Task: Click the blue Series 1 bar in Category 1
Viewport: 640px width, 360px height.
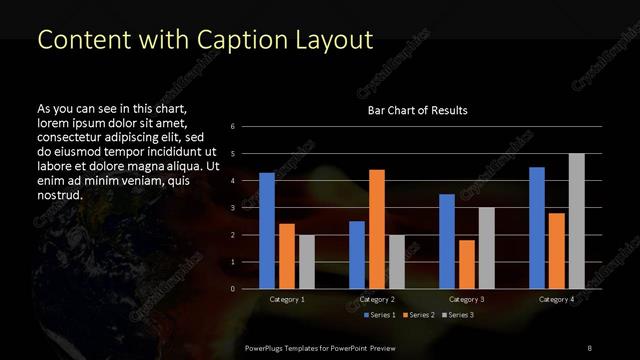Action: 267,231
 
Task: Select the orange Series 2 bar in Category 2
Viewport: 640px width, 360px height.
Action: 377,229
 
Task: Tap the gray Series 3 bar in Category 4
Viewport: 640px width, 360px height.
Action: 577,221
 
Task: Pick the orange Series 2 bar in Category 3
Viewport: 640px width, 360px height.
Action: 467,264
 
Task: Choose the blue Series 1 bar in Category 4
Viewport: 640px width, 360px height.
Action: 537,228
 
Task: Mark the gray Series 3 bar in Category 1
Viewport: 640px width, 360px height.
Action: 307,262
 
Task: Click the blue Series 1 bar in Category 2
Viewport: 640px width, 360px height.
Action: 357,255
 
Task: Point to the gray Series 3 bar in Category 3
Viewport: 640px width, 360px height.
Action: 487,248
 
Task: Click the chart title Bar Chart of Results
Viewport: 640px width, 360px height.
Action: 417,110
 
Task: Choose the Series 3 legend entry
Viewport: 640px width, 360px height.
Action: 461,315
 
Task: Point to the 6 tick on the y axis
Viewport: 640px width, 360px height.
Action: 232,127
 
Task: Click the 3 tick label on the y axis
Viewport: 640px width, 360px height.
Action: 232,208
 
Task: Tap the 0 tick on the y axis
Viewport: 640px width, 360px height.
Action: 232,289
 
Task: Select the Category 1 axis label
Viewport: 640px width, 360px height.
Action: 287,299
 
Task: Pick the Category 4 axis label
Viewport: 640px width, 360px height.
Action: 556,299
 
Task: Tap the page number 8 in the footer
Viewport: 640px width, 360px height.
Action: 589,346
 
